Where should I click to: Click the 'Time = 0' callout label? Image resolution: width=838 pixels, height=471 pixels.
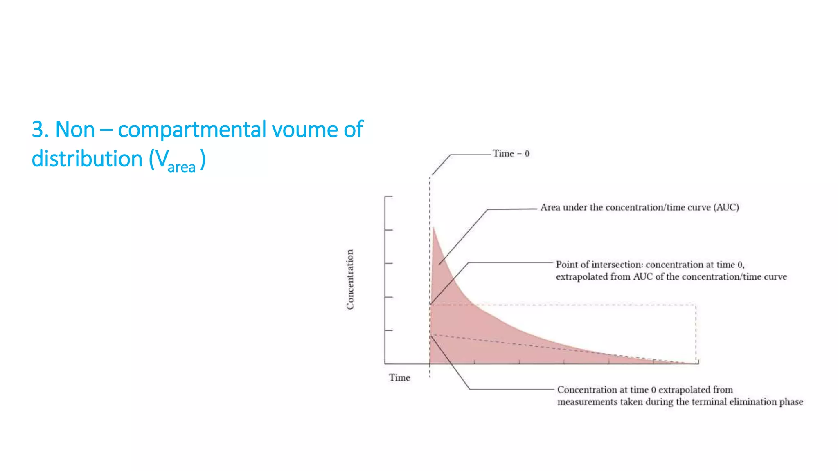coord(511,153)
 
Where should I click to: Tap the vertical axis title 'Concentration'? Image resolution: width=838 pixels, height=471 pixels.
coord(350,280)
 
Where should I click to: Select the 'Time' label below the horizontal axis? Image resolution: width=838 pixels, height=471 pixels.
coord(399,377)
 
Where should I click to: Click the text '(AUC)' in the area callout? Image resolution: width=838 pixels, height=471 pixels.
coord(726,207)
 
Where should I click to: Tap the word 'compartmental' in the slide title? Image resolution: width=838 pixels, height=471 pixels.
coord(192,130)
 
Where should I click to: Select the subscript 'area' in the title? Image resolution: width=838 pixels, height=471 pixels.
coord(181,167)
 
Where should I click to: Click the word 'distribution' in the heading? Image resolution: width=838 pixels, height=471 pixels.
coord(87,159)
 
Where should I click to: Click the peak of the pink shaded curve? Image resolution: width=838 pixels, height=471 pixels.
coord(433,227)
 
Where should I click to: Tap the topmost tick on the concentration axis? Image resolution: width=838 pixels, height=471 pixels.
coord(388,197)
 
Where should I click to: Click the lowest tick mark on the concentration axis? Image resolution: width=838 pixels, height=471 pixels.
coord(388,330)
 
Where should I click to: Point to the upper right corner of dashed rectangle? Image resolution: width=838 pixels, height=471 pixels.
coord(696,305)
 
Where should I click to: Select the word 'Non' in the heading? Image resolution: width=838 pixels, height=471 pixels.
coord(75,130)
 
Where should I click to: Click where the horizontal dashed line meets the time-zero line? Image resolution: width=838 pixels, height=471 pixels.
coord(430,305)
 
